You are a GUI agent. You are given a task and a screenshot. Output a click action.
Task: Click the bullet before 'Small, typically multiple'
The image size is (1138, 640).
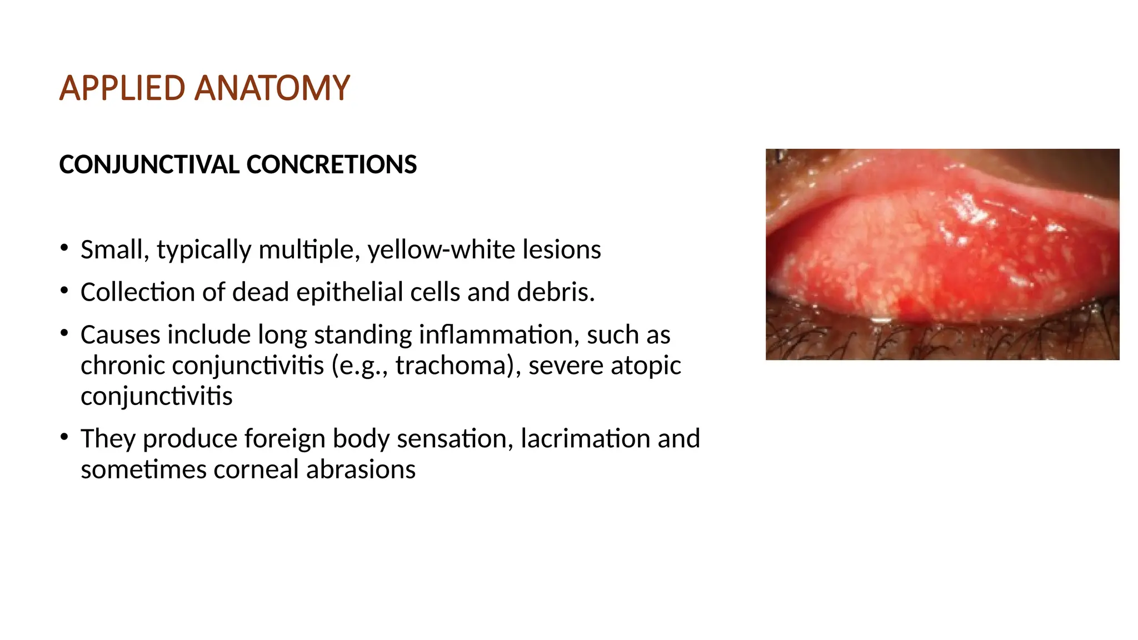64,247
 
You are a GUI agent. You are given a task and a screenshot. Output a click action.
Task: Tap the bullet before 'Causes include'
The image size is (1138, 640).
64,333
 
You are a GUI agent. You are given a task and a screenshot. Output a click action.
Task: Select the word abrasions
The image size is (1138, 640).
361,469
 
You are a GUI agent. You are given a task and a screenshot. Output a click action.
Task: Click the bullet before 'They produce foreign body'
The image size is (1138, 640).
64,437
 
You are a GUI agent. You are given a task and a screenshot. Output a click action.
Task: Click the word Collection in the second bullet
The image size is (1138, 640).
137,292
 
